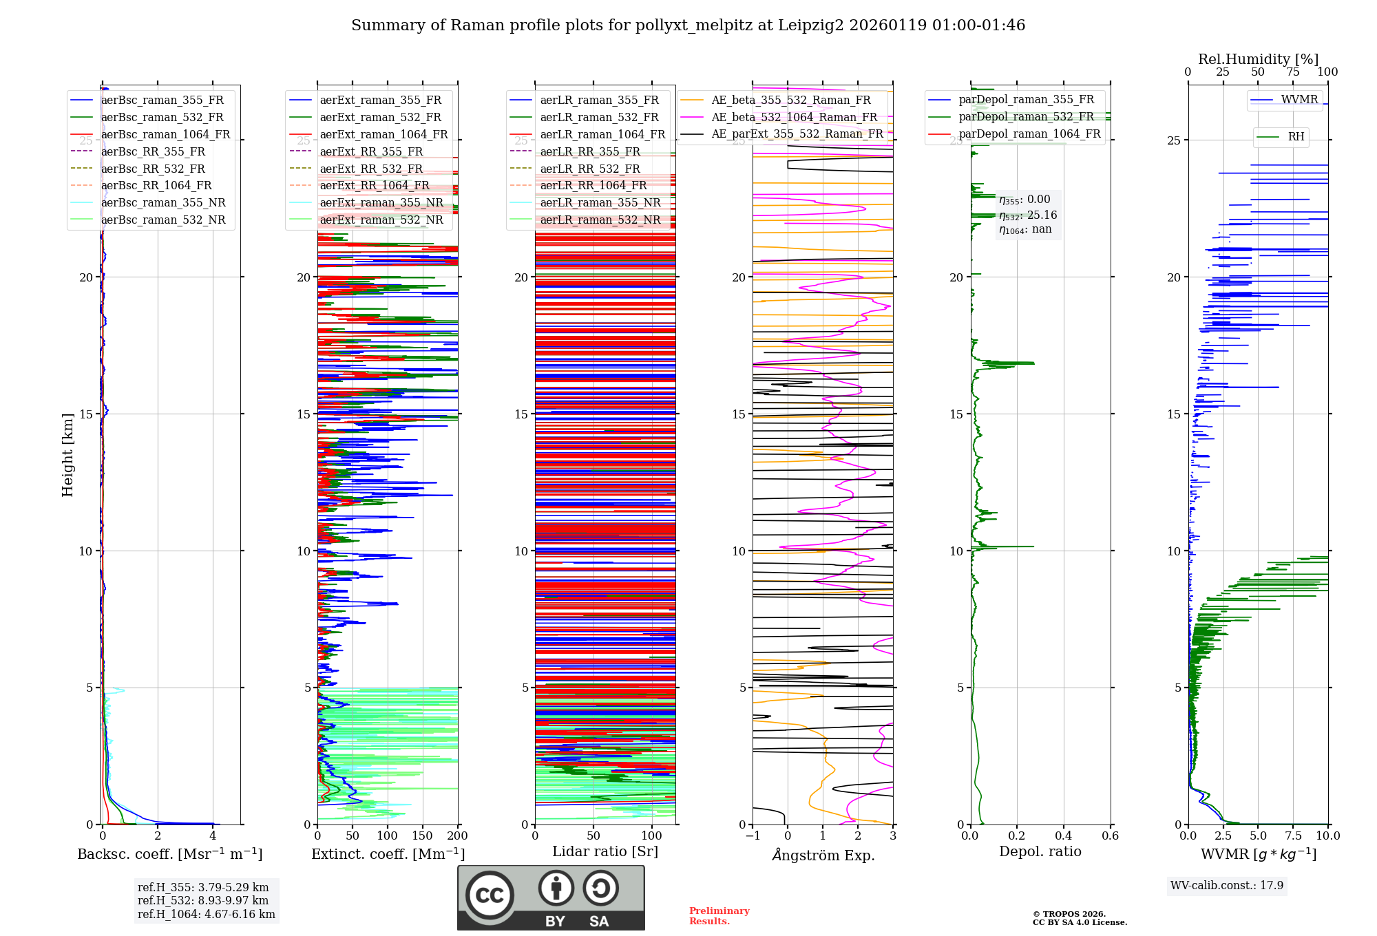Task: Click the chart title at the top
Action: pyautogui.click(x=688, y=25)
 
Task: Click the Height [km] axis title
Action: pyautogui.click(x=67, y=455)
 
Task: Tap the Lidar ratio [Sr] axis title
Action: pyautogui.click(x=605, y=851)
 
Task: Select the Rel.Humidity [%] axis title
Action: pyautogui.click(x=1258, y=59)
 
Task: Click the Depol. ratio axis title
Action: pyautogui.click(x=1040, y=851)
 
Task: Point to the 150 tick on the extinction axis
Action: pyautogui.click(x=422, y=836)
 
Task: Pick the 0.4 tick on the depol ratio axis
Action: pyautogui.click(x=1063, y=836)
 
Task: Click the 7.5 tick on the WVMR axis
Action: pyautogui.click(x=1293, y=836)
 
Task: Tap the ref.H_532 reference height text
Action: pyautogui.click(x=203, y=900)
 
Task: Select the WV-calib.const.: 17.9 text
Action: pyautogui.click(x=1226, y=885)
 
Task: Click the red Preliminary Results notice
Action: pyautogui.click(x=719, y=916)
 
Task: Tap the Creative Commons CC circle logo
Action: pyautogui.click(x=490, y=895)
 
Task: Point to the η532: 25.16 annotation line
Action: pyautogui.click(x=1028, y=215)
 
